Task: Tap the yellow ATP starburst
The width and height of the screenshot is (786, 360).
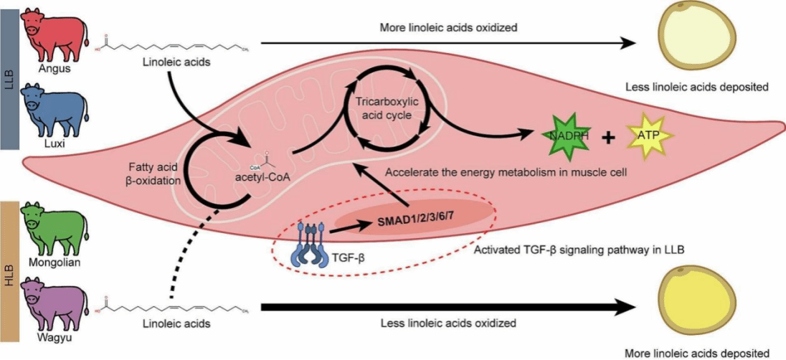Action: pyautogui.click(x=649, y=135)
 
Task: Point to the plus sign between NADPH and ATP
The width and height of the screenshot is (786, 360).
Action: pyautogui.click(x=608, y=137)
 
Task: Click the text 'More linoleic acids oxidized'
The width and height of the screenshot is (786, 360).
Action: pyautogui.click(x=448, y=28)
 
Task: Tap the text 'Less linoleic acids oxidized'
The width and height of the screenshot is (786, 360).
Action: pyautogui.click(x=448, y=323)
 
